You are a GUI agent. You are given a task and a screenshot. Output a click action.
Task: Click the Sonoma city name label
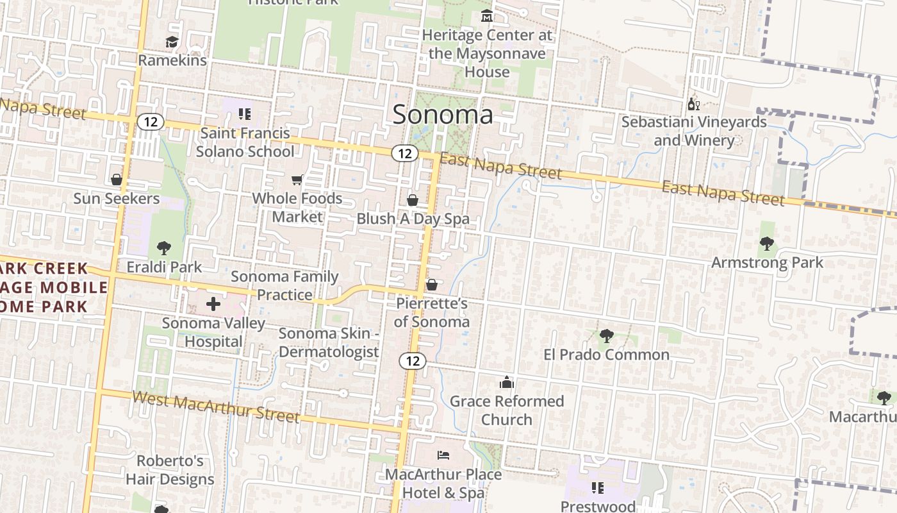[x=443, y=115]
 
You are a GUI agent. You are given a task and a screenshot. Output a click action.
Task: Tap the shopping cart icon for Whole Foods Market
[x=297, y=180]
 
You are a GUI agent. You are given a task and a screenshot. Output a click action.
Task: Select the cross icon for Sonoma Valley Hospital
[x=213, y=304]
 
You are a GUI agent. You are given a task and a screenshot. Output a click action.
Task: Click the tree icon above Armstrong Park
[x=766, y=244]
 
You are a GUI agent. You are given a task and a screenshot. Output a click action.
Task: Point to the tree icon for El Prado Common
[x=606, y=335]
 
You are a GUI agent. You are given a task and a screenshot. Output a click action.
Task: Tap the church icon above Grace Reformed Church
[x=507, y=383]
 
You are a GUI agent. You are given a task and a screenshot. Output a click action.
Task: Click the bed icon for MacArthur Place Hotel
[x=443, y=455]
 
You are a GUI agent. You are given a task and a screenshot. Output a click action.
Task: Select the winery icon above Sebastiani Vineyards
[x=693, y=104]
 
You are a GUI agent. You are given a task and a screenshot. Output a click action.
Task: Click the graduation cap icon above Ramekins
[x=172, y=42]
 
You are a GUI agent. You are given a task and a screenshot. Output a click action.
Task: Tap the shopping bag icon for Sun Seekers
[x=117, y=180]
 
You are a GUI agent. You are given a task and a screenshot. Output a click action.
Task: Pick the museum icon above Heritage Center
[x=487, y=16]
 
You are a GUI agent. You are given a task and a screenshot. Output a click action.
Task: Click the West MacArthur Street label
[x=216, y=407]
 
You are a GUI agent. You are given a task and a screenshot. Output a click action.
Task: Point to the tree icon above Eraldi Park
[x=164, y=248]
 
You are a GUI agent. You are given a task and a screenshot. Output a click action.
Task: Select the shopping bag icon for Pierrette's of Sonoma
[x=432, y=284]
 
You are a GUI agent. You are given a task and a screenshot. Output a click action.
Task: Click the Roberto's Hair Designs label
[x=170, y=470]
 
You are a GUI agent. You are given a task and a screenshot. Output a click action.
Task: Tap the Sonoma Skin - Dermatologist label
[x=329, y=342]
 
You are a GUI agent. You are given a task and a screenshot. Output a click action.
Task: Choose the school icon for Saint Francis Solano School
[x=244, y=114]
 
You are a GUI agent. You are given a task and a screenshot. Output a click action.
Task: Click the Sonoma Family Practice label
[x=284, y=285]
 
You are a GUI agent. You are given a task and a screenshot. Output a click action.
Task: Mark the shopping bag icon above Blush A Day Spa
[x=413, y=200]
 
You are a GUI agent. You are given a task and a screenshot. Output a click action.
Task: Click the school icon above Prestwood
[x=598, y=488]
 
